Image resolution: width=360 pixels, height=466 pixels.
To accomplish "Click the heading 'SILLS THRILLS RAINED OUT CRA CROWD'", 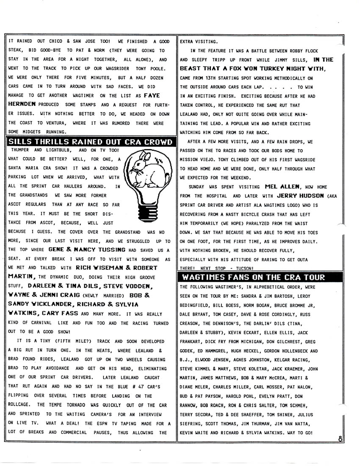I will pos(90,141).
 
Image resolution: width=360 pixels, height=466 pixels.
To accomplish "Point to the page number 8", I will pos(341,439).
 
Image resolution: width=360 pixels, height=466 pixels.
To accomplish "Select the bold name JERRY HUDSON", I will pos(300,196).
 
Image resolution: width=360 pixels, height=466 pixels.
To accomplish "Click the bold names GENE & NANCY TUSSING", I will pos(87,250).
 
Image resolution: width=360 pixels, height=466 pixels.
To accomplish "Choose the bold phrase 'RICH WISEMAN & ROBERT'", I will pos(116,268).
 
